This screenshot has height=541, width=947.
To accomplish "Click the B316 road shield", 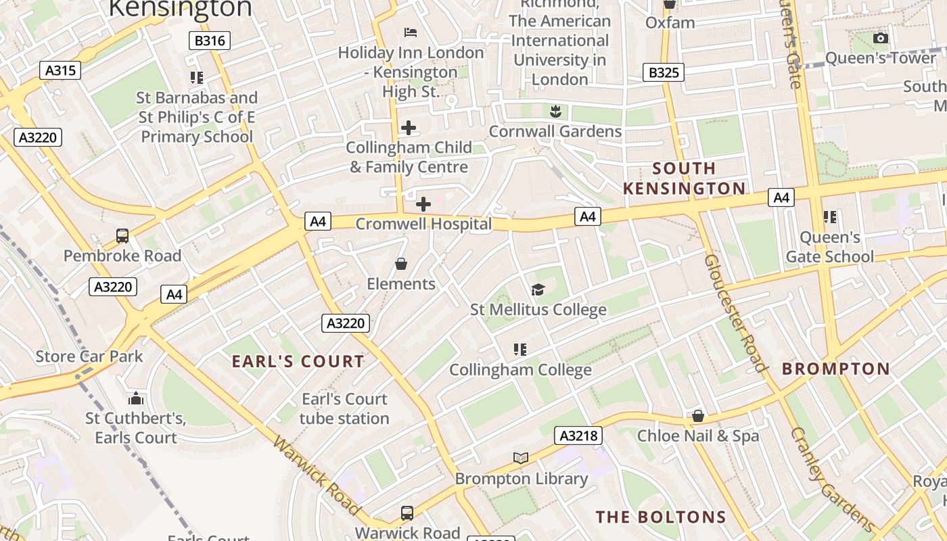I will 210,41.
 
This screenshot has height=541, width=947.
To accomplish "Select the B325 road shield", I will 663,72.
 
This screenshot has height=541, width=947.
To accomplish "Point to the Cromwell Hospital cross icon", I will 423,204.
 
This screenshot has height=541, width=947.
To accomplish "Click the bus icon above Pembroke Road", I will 122,236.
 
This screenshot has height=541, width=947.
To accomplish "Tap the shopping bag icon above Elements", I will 401,264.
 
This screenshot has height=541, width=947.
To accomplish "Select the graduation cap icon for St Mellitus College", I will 538,290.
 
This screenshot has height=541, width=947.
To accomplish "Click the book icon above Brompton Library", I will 520,458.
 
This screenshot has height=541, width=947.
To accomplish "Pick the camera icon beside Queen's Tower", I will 880,39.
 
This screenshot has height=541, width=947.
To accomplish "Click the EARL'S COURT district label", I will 298,362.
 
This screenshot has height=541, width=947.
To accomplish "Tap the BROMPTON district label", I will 836,369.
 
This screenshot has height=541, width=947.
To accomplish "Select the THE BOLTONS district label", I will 661,517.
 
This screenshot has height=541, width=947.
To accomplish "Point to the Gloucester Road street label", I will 737,313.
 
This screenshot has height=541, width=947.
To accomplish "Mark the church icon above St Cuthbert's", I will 136,398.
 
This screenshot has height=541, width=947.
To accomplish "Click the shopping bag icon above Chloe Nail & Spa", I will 698,416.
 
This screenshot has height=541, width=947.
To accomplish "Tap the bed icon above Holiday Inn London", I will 410,32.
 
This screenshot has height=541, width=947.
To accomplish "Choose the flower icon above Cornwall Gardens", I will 555,110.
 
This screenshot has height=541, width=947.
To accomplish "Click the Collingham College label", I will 520,370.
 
